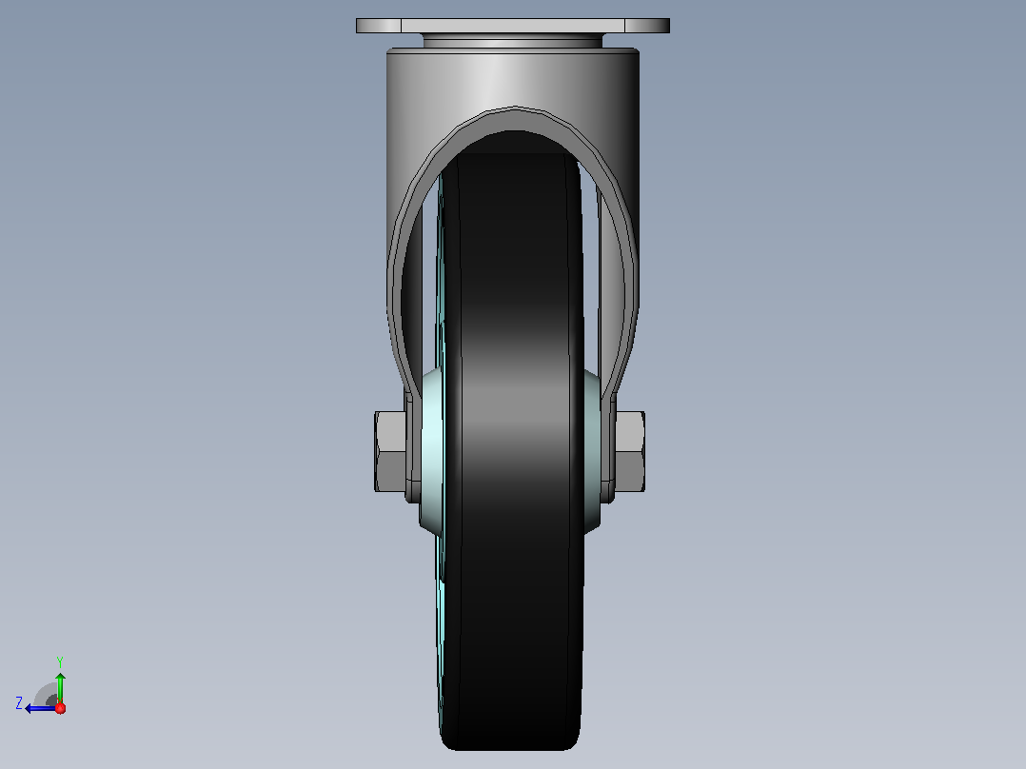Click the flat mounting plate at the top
coord(512,26)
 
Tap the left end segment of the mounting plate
coord(378,26)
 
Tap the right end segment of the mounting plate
coord(647,26)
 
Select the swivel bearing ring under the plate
coord(512,41)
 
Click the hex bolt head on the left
coord(390,451)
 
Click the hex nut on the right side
coord(629,451)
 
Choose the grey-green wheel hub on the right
coord(592,451)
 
